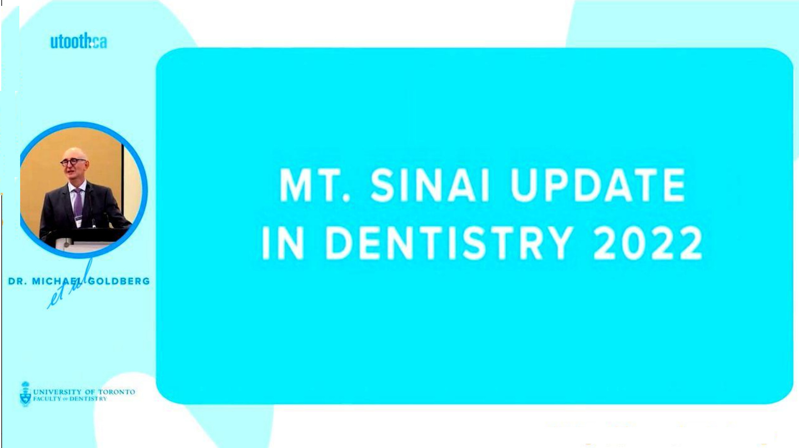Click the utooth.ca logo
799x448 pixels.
[78, 41]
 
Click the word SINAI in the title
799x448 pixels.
[430, 185]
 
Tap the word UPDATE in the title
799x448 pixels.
[598, 185]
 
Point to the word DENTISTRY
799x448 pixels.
[449, 243]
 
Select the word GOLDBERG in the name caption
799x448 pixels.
[119, 281]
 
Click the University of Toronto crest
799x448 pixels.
[26, 394]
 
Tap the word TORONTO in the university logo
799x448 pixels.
[117, 392]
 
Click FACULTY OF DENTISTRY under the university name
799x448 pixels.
[70, 399]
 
